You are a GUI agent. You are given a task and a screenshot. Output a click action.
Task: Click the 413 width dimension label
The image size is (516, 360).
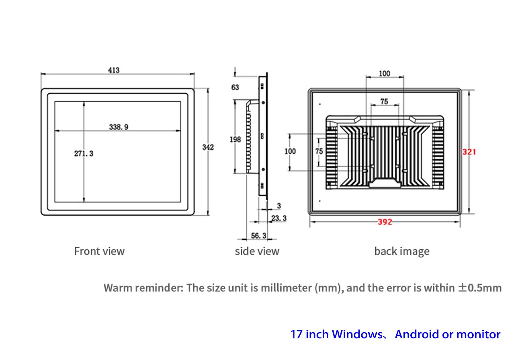pyautogui.click(x=114, y=70)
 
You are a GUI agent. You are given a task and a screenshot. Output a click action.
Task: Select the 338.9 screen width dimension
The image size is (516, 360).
pyautogui.click(x=119, y=127)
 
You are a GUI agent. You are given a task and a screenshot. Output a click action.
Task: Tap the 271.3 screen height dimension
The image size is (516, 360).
pyautogui.click(x=84, y=153)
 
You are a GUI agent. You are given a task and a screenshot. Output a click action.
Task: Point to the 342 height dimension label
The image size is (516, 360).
pyautogui.click(x=208, y=147)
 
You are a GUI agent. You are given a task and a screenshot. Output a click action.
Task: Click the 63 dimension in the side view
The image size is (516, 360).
pyautogui.click(x=235, y=87)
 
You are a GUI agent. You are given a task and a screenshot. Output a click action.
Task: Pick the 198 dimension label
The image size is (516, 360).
pyautogui.click(x=235, y=140)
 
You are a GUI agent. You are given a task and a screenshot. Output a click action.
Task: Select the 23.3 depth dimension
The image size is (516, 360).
pyautogui.click(x=279, y=218)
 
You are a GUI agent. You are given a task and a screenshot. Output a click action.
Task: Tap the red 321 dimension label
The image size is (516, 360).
pyautogui.click(x=469, y=152)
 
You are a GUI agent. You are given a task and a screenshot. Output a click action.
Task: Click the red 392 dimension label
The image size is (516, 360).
pyautogui.click(x=385, y=222)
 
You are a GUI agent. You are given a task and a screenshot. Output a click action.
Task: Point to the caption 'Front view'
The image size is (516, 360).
pyautogui.click(x=99, y=251)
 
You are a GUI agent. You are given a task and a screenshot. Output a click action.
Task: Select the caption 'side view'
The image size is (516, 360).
pyautogui.click(x=257, y=251)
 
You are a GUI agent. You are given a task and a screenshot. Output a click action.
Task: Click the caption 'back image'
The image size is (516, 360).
pyautogui.click(x=402, y=251)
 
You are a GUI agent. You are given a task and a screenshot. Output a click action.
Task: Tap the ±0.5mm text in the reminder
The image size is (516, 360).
pyautogui.click(x=479, y=288)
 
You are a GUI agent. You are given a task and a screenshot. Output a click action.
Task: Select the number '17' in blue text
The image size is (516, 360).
pyautogui.click(x=297, y=334)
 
